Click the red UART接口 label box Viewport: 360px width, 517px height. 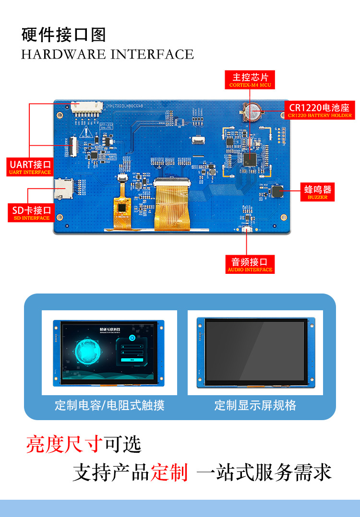tap(30, 167)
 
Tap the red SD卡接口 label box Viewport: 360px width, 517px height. tap(30, 212)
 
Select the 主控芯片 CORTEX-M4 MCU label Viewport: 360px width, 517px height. tap(250, 80)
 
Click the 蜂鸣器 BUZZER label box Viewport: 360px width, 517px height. tap(317, 191)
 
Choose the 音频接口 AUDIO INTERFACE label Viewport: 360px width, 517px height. tap(250, 264)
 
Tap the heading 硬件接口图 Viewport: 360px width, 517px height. tap(63, 35)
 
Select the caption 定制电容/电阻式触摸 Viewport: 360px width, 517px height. tap(109, 406)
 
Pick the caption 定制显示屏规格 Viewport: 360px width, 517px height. tap(255, 406)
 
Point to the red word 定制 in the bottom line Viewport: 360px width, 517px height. tap(169, 473)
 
